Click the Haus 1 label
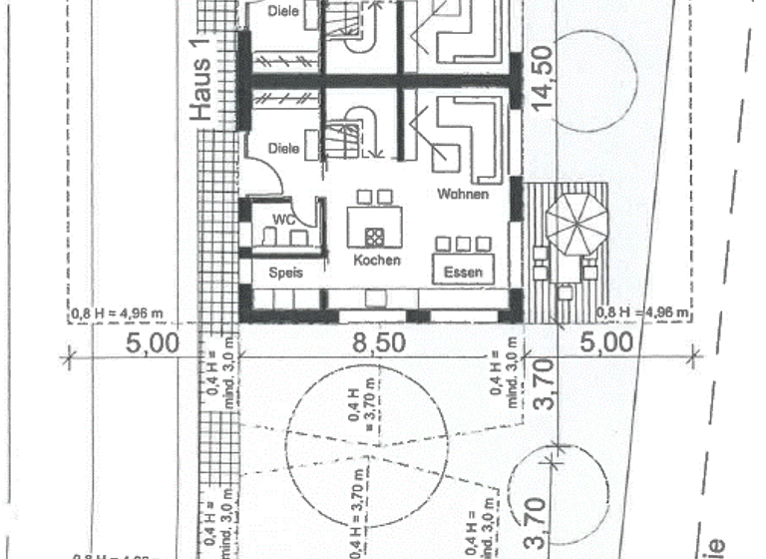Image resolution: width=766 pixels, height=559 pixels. pyautogui.click(x=202, y=90)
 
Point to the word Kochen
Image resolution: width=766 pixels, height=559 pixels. pyautogui.click(x=377, y=261)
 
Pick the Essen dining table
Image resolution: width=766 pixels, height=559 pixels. pyautogui.click(x=463, y=271)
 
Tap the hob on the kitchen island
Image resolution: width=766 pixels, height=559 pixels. pyautogui.click(x=377, y=237)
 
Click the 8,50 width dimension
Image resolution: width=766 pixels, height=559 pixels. pyautogui.click(x=382, y=343)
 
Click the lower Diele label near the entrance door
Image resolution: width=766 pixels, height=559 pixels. pyautogui.click(x=284, y=148)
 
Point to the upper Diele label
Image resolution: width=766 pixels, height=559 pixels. pyautogui.click(x=285, y=12)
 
